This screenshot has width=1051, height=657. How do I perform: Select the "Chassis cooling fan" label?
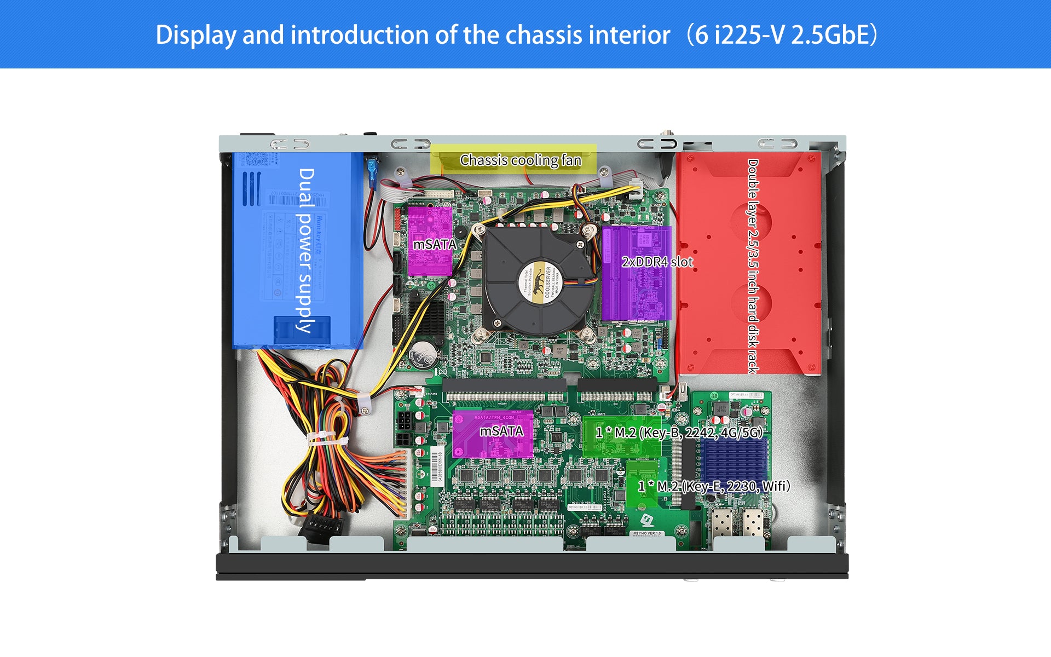[x=520, y=160]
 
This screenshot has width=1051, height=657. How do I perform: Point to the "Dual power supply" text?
[x=305, y=250]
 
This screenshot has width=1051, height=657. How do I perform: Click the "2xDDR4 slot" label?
[x=657, y=262]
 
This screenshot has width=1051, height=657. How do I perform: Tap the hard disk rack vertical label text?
[x=753, y=266]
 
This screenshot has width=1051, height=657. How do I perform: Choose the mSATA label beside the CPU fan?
[x=434, y=244]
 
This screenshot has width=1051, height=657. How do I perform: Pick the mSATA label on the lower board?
[x=501, y=431]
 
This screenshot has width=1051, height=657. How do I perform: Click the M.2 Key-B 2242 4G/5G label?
[x=679, y=433]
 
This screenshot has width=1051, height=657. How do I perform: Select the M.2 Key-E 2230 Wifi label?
[x=714, y=486]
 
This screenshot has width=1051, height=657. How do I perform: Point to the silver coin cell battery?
[x=423, y=353]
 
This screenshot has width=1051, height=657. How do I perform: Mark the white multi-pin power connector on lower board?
[x=403, y=482]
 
